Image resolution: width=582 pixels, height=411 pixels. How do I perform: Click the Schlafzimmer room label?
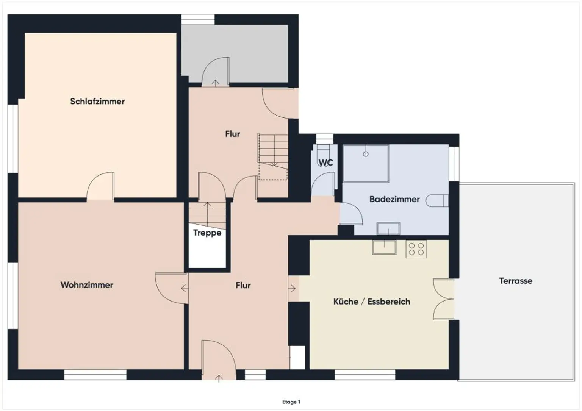coord(97,101)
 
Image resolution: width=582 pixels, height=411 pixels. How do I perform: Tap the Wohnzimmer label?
coord(87,285)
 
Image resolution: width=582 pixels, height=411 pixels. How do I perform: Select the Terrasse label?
coord(515,281)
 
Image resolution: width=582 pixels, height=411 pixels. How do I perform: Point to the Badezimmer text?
coord(394,199)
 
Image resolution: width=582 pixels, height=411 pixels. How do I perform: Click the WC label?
coord(325,163)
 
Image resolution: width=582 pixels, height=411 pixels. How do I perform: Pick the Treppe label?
coord(207,233)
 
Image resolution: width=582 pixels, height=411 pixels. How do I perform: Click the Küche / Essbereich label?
coord(372,302)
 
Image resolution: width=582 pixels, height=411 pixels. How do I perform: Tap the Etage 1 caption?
coord(291,402)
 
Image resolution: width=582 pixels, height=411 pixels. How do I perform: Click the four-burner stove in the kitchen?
coord(416,249)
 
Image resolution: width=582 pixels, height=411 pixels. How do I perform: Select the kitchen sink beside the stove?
coord(384,247)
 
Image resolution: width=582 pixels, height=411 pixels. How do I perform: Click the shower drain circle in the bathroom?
coord(366,154)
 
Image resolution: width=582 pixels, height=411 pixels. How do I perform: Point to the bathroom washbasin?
coord(388,229)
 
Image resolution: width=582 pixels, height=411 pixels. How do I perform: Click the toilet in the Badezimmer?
coord(437,200)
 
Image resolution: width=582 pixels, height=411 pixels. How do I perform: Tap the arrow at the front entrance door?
coord(219,378)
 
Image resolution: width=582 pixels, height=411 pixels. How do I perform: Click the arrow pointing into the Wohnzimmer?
coord(185,288)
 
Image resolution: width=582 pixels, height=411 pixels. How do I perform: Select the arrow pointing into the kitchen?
coord(292,288)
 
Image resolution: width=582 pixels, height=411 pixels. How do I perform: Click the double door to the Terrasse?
coord(444,299)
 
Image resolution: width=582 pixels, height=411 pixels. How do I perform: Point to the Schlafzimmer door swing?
coord(100,186)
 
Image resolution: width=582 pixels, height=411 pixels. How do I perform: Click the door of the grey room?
coord(215,72)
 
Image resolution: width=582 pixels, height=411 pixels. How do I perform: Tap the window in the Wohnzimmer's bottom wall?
coord(95,375)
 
